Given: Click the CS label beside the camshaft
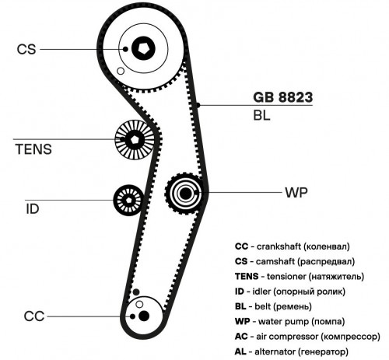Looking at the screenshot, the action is (26, 49).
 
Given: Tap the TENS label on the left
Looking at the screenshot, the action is (33, 149).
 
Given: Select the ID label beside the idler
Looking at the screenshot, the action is (33, 209).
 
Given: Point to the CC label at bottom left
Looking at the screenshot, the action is (34, 316).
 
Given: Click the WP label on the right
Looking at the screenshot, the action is (296, 193).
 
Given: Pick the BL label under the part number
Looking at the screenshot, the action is (261, 115).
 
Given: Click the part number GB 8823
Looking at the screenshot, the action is (283, 97).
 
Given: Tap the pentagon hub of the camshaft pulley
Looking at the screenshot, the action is (143, 48).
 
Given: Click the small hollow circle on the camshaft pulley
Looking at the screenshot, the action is (121, 71).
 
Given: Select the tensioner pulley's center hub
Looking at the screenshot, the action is (135, 140).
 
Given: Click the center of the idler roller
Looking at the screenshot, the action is (128, 200).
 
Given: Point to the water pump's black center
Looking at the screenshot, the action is (185, 194).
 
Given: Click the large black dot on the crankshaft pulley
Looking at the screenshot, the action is (144, 316).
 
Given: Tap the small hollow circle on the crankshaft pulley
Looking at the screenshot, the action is (139, 304).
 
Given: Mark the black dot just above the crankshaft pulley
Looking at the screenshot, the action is (136, 292).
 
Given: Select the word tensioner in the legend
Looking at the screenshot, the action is (286, 276).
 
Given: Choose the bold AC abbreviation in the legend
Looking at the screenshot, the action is (241, 337).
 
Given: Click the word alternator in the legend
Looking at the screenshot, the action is (275, 351).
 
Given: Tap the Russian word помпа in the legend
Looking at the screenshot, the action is (328, 322).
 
